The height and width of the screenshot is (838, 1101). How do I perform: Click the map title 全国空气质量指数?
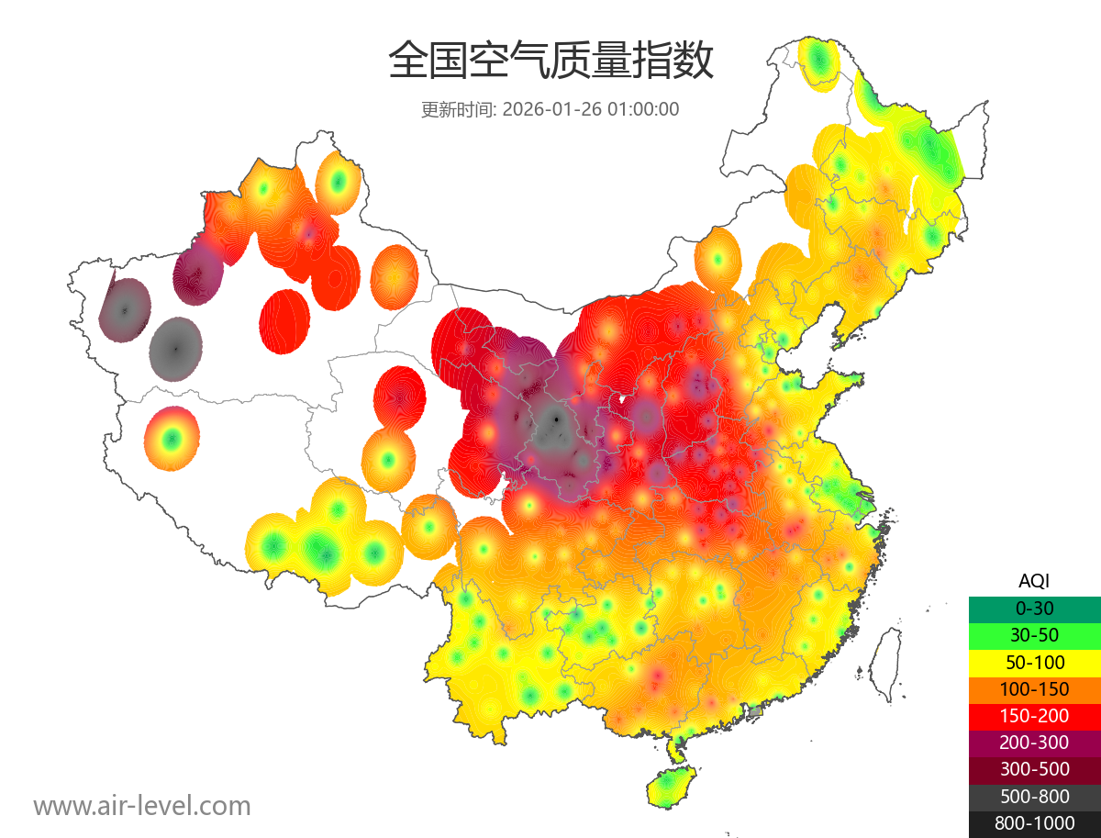550,61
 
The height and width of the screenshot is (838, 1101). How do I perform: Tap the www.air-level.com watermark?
142,806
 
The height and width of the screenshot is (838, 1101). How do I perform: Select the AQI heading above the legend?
1034,580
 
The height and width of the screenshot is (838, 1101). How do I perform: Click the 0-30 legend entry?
1034,609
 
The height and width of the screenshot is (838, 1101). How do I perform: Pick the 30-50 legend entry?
1034,635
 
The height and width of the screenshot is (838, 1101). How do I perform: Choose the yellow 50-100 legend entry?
1034,662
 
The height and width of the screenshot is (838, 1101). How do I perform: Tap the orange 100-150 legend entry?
1034,689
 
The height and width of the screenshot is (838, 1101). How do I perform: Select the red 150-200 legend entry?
1034,716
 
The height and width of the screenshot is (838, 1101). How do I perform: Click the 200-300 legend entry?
1034,743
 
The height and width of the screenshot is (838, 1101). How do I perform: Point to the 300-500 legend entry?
1034,769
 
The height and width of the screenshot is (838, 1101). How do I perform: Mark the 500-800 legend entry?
1034,797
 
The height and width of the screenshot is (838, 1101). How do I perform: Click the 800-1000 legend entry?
1034,823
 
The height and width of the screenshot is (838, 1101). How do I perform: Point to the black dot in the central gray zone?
555,420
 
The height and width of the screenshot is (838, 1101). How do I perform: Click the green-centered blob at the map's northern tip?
818,62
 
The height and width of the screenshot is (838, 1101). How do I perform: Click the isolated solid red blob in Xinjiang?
284,321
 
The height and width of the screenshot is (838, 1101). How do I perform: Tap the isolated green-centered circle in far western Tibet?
171,439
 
